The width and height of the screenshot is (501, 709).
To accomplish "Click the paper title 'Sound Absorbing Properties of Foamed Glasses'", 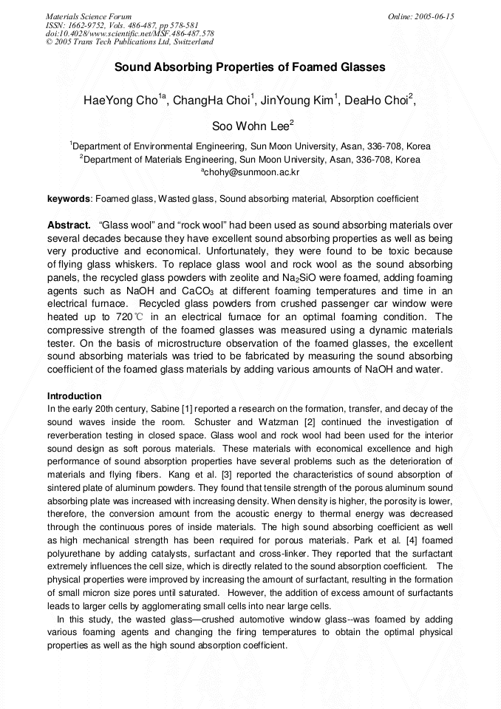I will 250,67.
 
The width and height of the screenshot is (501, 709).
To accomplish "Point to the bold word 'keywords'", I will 68,199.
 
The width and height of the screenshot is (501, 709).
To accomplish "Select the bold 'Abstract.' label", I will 69,225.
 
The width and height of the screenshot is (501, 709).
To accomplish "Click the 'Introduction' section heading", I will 74,396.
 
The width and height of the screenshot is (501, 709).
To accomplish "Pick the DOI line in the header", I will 130,34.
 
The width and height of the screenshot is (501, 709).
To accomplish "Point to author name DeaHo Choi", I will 383,100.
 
